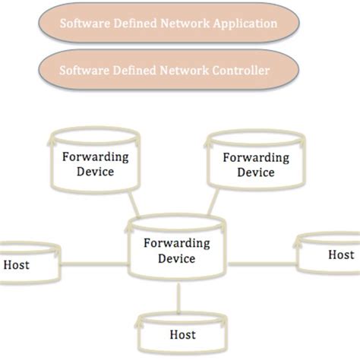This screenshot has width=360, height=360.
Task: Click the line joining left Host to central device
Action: click(x=93, y=265)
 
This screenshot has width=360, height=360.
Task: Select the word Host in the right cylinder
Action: click(x=340, y=255)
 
